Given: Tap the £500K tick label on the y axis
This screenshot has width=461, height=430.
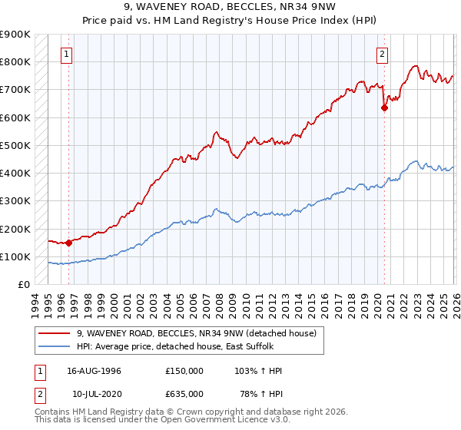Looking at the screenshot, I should [15, 145].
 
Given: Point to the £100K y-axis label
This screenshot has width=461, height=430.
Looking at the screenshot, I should [15, 256].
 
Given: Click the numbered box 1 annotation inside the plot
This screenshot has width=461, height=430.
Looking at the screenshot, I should [68, 54].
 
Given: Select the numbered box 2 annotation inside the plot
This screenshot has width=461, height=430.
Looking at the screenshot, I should [382, 54].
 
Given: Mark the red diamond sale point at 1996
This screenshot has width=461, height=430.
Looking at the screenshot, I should [68, 243].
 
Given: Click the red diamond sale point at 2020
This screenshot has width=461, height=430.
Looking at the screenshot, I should [384, 107].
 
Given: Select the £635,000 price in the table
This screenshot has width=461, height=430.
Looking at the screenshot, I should [184, 393].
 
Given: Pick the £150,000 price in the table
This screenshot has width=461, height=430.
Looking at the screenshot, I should [184, 371].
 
